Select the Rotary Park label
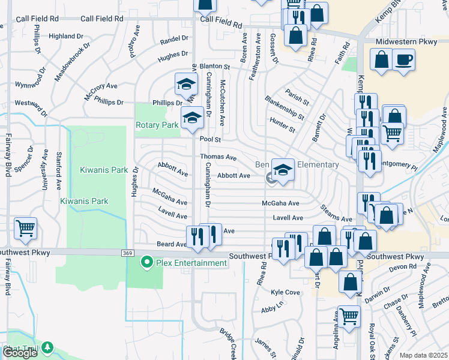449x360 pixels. (157, 125)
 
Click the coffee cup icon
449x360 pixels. (403, 59)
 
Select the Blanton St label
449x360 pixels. (215, 66)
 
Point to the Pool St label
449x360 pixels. (211, 139)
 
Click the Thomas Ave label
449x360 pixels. (218, 157)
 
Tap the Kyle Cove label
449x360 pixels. (285, 292)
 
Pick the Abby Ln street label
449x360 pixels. (272, 308)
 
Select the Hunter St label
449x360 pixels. (283, 125)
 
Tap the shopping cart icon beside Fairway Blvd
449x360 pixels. (25, 229)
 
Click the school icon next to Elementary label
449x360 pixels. (283, 169)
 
